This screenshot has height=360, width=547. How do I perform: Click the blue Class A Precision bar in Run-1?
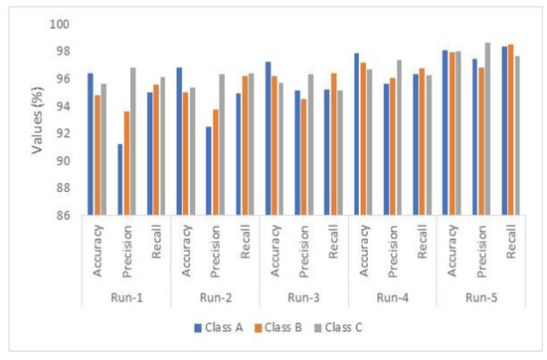pos(120,179)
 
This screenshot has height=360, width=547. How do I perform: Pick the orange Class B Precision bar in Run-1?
pos(126,163)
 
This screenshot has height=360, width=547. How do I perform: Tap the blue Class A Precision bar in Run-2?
pos(209,170)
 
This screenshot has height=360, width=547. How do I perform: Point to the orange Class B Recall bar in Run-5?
pos(511,129)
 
